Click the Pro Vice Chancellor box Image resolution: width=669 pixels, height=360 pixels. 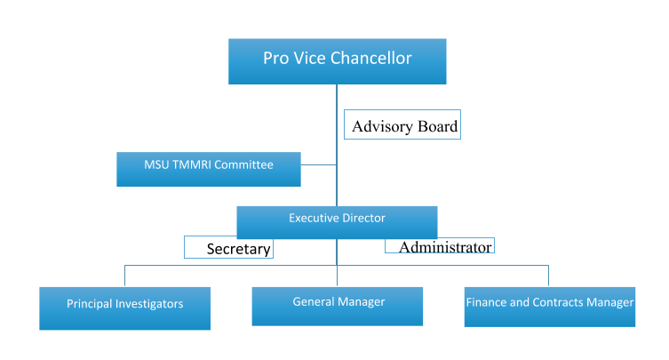click(337, 60)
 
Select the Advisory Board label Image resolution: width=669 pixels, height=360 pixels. click(404, 126)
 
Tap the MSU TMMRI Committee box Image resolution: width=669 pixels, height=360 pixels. click(208, 168)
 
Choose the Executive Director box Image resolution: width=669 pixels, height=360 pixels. click(337, 221)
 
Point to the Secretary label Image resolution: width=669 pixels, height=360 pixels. click(228, 247)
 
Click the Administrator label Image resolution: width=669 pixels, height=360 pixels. click(440, 245)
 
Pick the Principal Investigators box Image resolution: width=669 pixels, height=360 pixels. click(124, 308)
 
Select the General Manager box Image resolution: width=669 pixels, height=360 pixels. click(338, 305)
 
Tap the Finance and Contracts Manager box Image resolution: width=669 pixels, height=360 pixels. click(549, 306)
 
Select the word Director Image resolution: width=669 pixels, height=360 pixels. click(362, 217)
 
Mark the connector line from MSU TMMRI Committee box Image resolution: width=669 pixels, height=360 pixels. click(318, 164)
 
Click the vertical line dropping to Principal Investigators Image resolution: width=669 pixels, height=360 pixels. click(124, 276)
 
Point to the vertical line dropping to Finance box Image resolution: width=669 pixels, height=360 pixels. click(548, 276)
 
